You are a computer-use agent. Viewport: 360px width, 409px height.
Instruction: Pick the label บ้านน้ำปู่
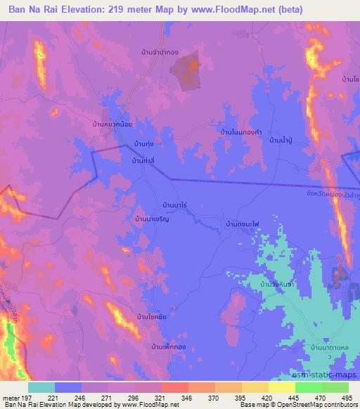point(283,141)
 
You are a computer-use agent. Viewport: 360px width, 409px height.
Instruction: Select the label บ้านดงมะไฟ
point(242,223)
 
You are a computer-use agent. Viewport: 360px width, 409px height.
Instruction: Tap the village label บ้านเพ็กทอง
point(171,347)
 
